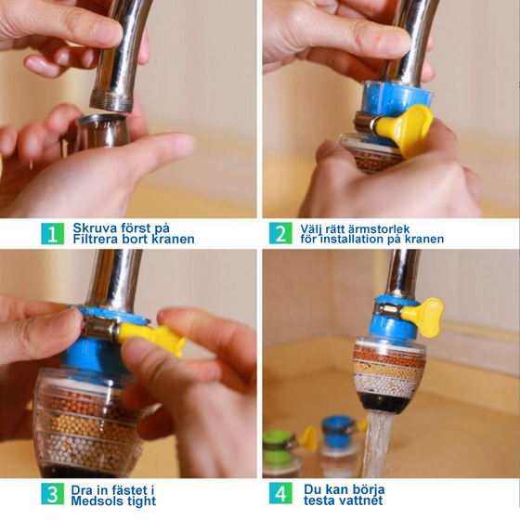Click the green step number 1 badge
click(x=52, y=233)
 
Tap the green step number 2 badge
click(x=280, y=233)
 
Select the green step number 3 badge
click(x=52, y=494)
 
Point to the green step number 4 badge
click(x=280, y=493)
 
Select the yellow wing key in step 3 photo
click(x=152, y=337)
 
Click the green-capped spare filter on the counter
click(x=282, y=453)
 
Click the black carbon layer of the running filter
click(x=382, y=404)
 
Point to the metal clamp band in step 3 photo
click(x=99, y=329)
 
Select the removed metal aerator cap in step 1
click(x=103, y=131)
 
